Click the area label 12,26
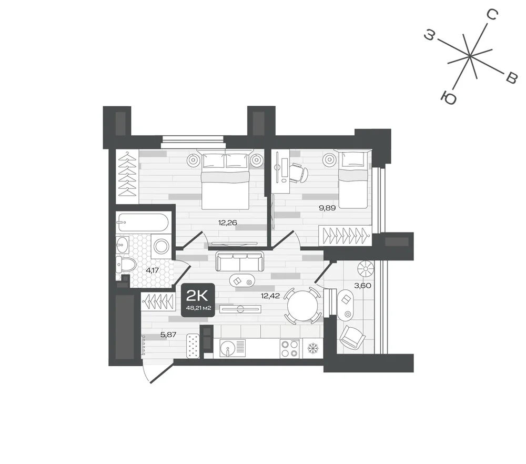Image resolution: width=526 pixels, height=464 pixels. point(227,223)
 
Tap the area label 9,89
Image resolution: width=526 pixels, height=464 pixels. point(327,208)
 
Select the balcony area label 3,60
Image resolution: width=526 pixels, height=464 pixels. point(362,286)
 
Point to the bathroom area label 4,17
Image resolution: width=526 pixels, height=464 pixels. point(152,270)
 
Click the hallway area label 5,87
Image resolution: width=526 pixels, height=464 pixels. point(168,335)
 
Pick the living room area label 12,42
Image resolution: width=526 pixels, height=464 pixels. point(270,296)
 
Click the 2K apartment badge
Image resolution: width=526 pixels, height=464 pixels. point(198,300)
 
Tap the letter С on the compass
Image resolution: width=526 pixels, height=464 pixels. point(492,14)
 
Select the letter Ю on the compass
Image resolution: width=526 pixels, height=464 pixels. point(449,98)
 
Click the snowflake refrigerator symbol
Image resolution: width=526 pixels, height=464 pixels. point(312,348)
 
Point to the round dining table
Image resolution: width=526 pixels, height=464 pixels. point(302,306)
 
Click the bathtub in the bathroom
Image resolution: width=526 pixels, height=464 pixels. point(142,223)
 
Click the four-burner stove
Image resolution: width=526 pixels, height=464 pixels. point(290,348)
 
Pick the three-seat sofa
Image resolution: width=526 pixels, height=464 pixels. point(239,261)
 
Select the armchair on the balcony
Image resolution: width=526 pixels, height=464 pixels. point(352,337)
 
